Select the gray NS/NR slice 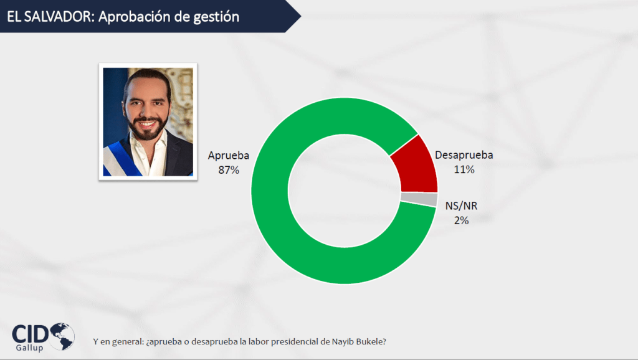(419, 199)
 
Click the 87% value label (229, 170)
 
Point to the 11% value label (464, 169)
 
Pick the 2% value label (462, 220)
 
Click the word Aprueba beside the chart (229, 155)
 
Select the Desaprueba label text (464, 155)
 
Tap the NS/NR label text (462, 206)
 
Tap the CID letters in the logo (30, 334)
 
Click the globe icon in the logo (62, 336)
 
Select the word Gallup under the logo (29, 348)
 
